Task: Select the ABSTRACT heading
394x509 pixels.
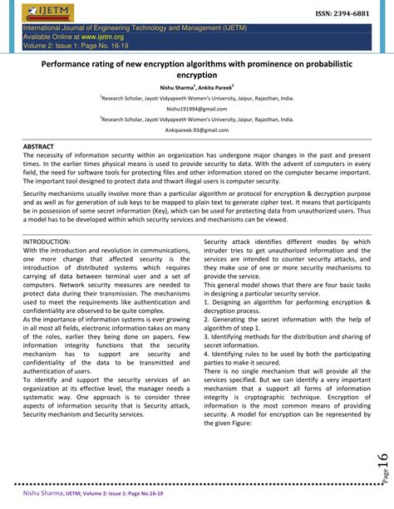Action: pyautogui.click(x=38, y=146)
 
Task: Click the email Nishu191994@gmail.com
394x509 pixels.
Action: pyautogui.click(x=196, y=109)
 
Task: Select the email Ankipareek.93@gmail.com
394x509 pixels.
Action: pyautogui.click(x=196, y=130)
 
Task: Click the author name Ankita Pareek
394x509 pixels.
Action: pyautogui.click(x=212, y=86)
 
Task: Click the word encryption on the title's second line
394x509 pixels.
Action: pyautogui.click(x=196, y=74)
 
